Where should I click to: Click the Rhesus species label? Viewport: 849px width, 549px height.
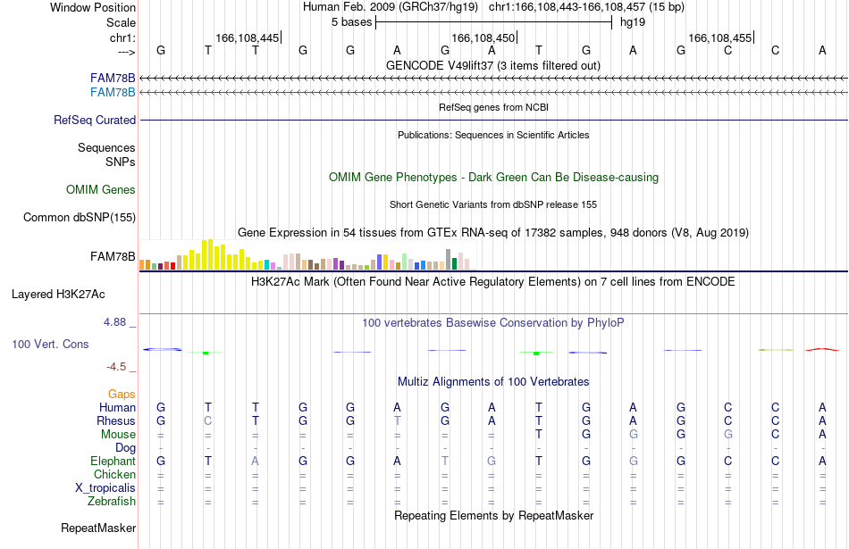116,420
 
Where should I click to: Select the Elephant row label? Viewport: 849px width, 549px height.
113,461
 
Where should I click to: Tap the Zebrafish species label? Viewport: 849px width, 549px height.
112,502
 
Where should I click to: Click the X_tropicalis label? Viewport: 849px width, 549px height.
105,488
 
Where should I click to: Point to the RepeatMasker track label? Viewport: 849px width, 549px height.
98,528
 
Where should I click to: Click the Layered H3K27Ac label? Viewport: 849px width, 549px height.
58,295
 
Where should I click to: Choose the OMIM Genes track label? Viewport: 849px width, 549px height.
101,189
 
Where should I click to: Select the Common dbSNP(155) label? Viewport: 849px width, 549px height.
80,218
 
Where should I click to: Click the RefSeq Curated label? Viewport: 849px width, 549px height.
95,121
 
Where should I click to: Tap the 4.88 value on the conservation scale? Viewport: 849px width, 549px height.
114,322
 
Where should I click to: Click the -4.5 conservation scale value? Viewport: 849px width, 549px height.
116,367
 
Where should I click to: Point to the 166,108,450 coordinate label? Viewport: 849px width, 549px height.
483,37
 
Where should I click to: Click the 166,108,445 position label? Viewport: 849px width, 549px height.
247,37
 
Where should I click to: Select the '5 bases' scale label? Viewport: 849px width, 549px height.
352,22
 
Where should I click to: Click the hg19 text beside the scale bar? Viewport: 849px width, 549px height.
633,22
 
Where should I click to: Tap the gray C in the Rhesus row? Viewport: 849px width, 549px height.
208,420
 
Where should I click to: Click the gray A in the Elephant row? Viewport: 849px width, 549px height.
255,461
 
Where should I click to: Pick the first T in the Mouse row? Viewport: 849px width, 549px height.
539,435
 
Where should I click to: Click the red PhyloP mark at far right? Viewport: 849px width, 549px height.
822,349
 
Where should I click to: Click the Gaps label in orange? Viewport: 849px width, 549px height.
122,395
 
